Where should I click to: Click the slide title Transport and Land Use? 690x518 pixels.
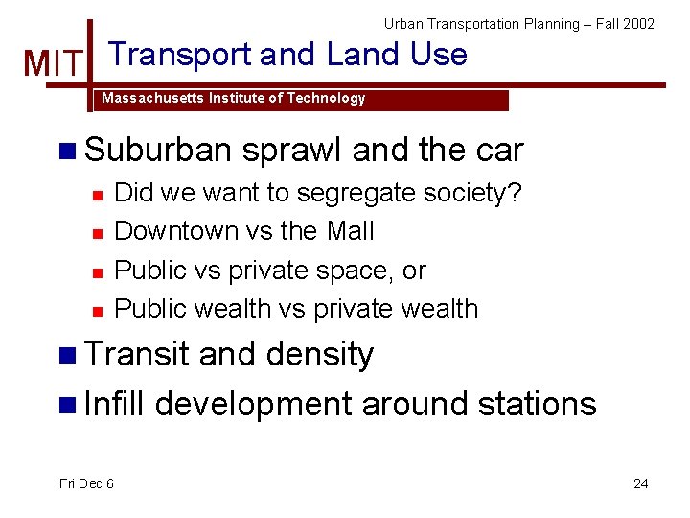[x=288, y=55]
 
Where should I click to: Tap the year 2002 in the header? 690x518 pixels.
[x=638, y=23]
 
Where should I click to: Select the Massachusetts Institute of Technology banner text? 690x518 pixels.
[x=234, y=98]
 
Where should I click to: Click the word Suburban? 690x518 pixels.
[x=158, y=151]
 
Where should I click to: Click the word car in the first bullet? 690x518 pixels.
[x=498, y=151]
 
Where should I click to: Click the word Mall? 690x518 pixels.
[x=351, y=231]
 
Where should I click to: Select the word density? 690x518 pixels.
[x=319, y=355]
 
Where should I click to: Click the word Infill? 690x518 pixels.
[x=114, y=404]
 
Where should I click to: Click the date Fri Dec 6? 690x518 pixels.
[x=86, y=483]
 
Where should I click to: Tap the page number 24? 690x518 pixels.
[x=640, y=483]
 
